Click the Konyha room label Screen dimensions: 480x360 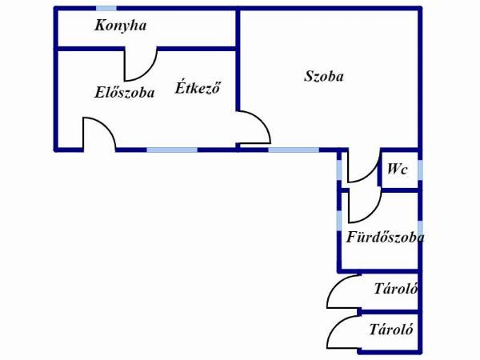[x=121, y=26]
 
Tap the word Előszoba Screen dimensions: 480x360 [x=124, y=93]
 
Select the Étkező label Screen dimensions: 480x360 [x=198, y=87]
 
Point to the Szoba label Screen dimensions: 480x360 [x=324, y=76]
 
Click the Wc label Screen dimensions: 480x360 [x=397, y=169]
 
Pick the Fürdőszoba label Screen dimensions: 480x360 [x=385, y=237]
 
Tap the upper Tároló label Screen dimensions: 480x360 [x=396, y=289]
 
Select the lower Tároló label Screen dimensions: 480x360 [x=391, y=330]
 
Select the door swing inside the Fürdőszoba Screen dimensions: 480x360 [x=374, y=214]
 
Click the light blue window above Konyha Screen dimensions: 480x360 [x=106, y=8]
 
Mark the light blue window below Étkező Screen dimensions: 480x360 [x=172, y=150]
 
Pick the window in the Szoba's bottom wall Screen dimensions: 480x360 [x=294, y=150]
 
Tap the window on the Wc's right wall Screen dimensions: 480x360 [x=420, y=170]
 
